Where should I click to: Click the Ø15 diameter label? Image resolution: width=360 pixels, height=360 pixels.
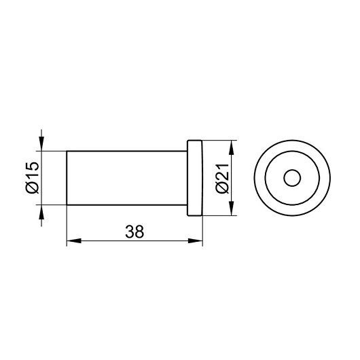coord(33,177)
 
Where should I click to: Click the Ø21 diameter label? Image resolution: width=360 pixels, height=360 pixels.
coord(222,179)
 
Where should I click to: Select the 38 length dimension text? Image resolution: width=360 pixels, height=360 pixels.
coord(134,232)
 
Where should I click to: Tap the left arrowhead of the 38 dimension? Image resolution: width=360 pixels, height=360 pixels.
coord(74,241)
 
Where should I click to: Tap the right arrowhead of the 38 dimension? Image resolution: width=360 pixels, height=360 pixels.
coord(196,241)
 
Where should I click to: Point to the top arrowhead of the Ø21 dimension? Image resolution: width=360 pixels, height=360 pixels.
coord(232,147)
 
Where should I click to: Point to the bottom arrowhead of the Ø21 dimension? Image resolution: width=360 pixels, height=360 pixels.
coord(232,209)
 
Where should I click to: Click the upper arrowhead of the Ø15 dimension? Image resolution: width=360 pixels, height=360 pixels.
coord(41,144)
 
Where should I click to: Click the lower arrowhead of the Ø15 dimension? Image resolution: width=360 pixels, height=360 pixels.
coord(41,212)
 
